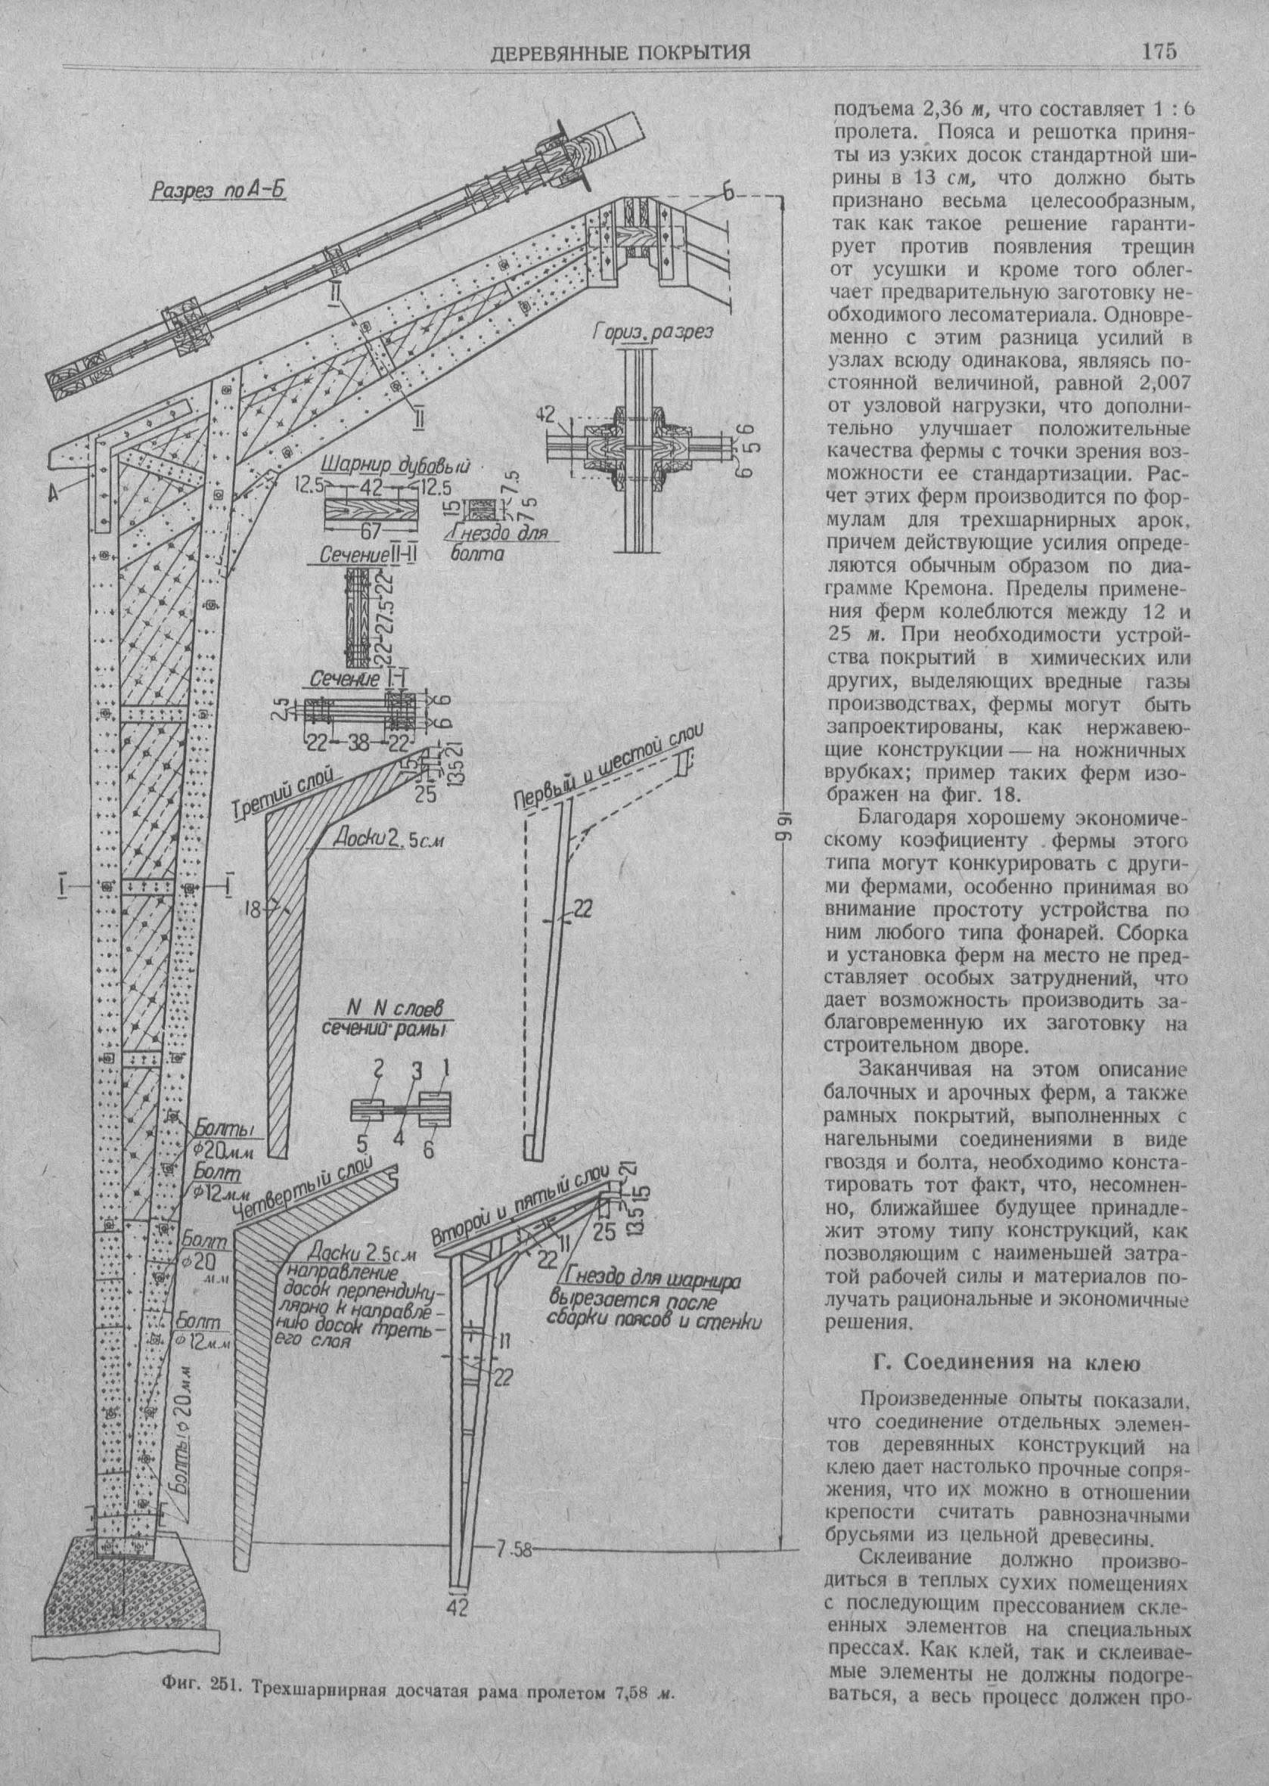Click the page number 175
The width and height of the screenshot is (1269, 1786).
1159,51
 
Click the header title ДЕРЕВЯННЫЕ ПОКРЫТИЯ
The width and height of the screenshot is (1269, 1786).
619,53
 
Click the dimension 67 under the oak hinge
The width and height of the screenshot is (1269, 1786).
370,531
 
